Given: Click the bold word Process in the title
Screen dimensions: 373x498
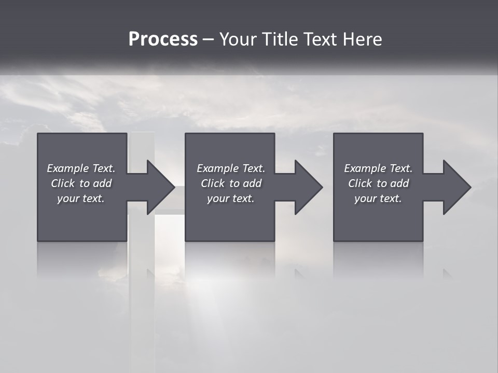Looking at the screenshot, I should pyautogui.click(x=163, y=39).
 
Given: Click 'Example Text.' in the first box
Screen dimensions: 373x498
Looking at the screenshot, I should pyautogui.click(x=81, y=168).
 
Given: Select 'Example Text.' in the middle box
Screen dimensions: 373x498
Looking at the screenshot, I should pyautogui.click(x=230, y=168).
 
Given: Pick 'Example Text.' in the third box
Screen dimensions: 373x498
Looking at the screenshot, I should pyautogui.click(x=378, y=168).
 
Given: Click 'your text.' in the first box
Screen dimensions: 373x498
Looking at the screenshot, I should pyautogui.click(x=81, y=198).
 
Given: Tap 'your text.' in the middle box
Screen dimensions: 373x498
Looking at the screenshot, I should pyautogui.click(x=230, y=198).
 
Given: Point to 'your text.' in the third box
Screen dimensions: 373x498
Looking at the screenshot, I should pyautogui.click(x=378, y=198).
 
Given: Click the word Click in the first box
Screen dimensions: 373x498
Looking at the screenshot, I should pyautogui.click(x=63, y=183).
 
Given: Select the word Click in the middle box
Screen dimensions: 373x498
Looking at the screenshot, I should pyautogui.click(x=213, y=183).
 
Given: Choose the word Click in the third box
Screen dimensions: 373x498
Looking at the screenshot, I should pyautogui.click(x=360, y=183).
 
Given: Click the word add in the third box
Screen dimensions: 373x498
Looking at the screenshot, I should pyautogui.click(x=400, y=183).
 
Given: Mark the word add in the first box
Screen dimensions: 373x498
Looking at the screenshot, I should pyautogui.click(x=103, y=183).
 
